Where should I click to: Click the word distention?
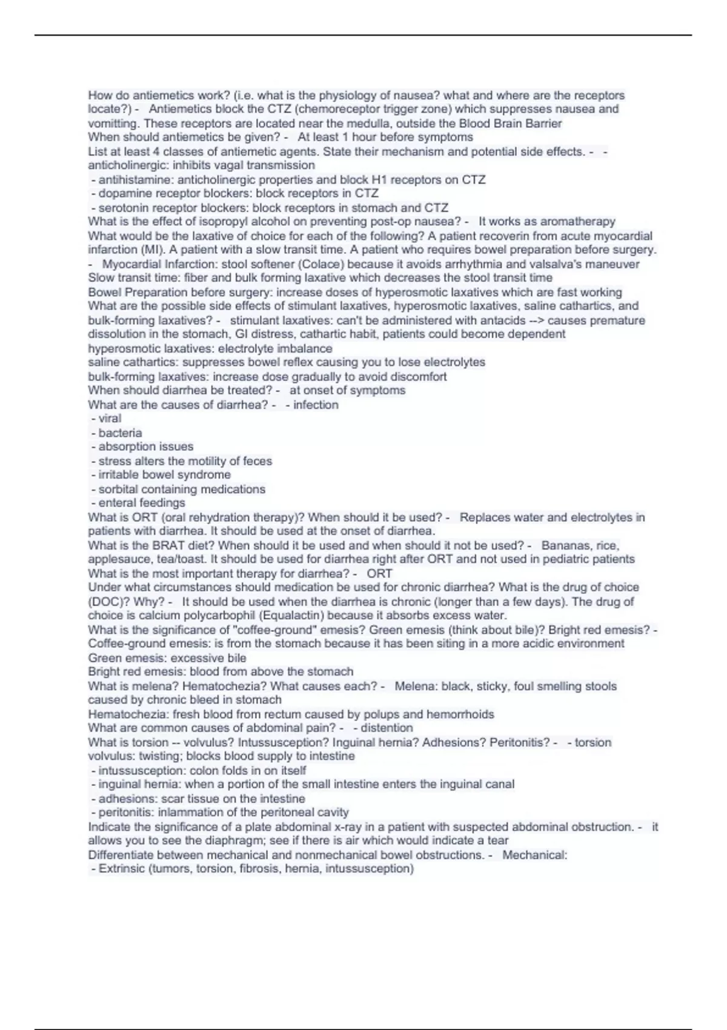387,728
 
